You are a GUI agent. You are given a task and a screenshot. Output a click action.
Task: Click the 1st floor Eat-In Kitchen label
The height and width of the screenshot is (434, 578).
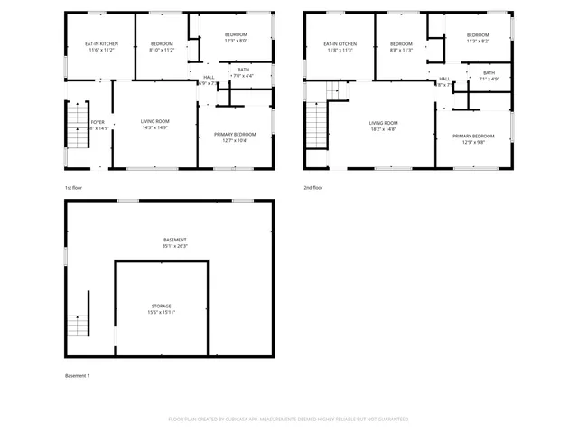click(x=101, y=43)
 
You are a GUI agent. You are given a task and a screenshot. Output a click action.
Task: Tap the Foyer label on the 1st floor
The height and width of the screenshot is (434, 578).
click(x=98, y=121)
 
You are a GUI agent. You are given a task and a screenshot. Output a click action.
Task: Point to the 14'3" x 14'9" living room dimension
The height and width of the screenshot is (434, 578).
click(x=155, y=127)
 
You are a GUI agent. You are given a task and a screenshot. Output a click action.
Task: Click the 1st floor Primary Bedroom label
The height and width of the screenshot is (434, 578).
click(x=235, y=134)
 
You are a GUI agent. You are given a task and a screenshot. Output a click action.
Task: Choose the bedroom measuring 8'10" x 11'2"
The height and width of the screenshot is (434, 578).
click(x=162, y=51)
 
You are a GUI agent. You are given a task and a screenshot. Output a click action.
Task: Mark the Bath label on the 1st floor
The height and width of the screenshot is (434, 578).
click(x=243, y=70)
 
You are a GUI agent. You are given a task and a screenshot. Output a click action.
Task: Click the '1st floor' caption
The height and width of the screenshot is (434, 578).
click(x=74, y=187)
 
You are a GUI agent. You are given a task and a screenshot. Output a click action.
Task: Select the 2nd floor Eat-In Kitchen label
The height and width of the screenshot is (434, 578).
click(x=340, y=43)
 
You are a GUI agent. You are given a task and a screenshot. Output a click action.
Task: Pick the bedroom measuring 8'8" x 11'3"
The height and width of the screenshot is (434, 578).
click(x=401, y=51)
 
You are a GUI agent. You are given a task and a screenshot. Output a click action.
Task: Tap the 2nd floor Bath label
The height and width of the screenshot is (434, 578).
click(x=489, y=73)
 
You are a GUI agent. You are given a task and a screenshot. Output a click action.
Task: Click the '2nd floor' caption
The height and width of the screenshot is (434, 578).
click(x=313, y=187)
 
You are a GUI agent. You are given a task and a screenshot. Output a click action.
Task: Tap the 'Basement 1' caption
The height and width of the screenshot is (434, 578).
click(x=78, y=375)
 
